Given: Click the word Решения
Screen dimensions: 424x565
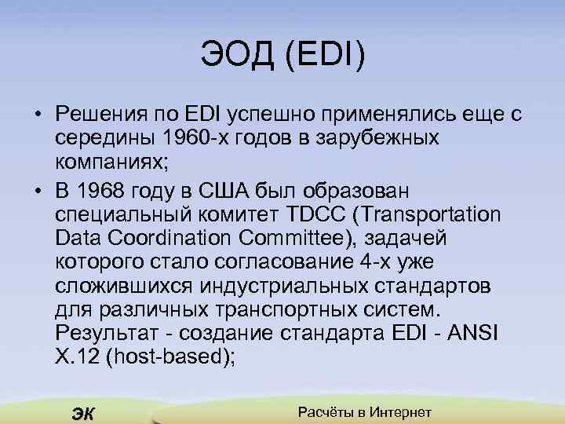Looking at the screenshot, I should [x=98, y=115].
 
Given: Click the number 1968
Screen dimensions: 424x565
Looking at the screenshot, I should [x=108, y=192].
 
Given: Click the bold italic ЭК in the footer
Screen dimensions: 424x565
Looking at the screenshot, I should [x=82, y=415].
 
